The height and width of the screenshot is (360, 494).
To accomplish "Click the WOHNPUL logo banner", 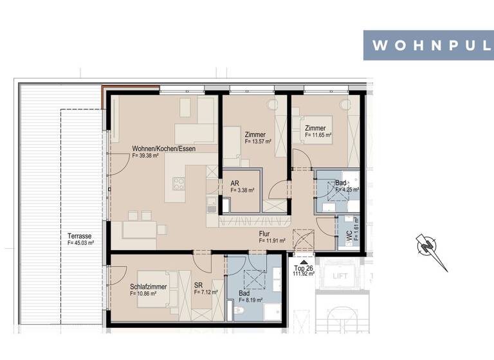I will pyautogui.click(x=428, y=45).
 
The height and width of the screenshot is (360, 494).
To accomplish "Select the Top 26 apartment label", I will pyautogui.click(x=303, y=267).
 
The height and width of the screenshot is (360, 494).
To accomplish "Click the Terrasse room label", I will pyautogui.click(x=78, y=235).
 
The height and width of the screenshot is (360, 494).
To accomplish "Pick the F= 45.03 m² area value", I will pyautogui.click(x=81, y=243).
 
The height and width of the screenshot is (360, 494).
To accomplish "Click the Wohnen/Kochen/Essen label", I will pyautogui.click(x=163, y=148).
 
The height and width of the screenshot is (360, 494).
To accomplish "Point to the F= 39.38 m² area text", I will pyautogui.click(x=145, y=156).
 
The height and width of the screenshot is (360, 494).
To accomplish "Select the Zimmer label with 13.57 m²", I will pyautogui.click(x=255, y=134).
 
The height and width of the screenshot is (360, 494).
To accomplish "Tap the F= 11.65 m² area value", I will pyautogui.click(x=318, y=136).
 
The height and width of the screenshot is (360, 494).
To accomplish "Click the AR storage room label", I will pyautogui.click(x=235, y=183).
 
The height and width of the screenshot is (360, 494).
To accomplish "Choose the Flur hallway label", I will pyautogui.click(x=264, y=233).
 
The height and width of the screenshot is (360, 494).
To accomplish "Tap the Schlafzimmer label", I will pyautogui.click(x=149, y=286).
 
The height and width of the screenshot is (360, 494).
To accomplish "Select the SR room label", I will pyautogui.click(x=199, y=286).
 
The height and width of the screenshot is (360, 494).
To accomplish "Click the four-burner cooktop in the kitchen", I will pyautogui.click(x=178, y=182).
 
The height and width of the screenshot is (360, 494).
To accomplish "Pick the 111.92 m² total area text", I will pyautogui.click(x=303, y=274).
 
